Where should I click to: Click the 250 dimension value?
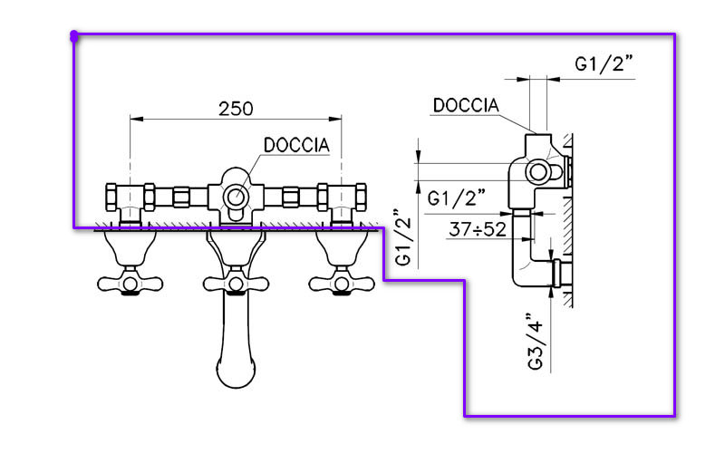(x=236, y=107)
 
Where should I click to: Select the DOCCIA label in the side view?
(x=466, y=105)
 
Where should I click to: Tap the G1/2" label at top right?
(x=604, y=63)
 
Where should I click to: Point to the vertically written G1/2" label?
(x=405, y=237)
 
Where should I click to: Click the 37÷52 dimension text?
(x=477, y=229)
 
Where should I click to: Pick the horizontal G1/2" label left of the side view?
(x=458, y=197)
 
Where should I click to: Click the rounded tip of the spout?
(x=237, y=373)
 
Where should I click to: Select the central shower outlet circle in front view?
(x=236, y=197)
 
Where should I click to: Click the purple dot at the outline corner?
(x=73, y=36)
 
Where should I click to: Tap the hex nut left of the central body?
(x=180, y=196)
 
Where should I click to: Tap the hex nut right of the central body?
(x=291, y=196)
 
